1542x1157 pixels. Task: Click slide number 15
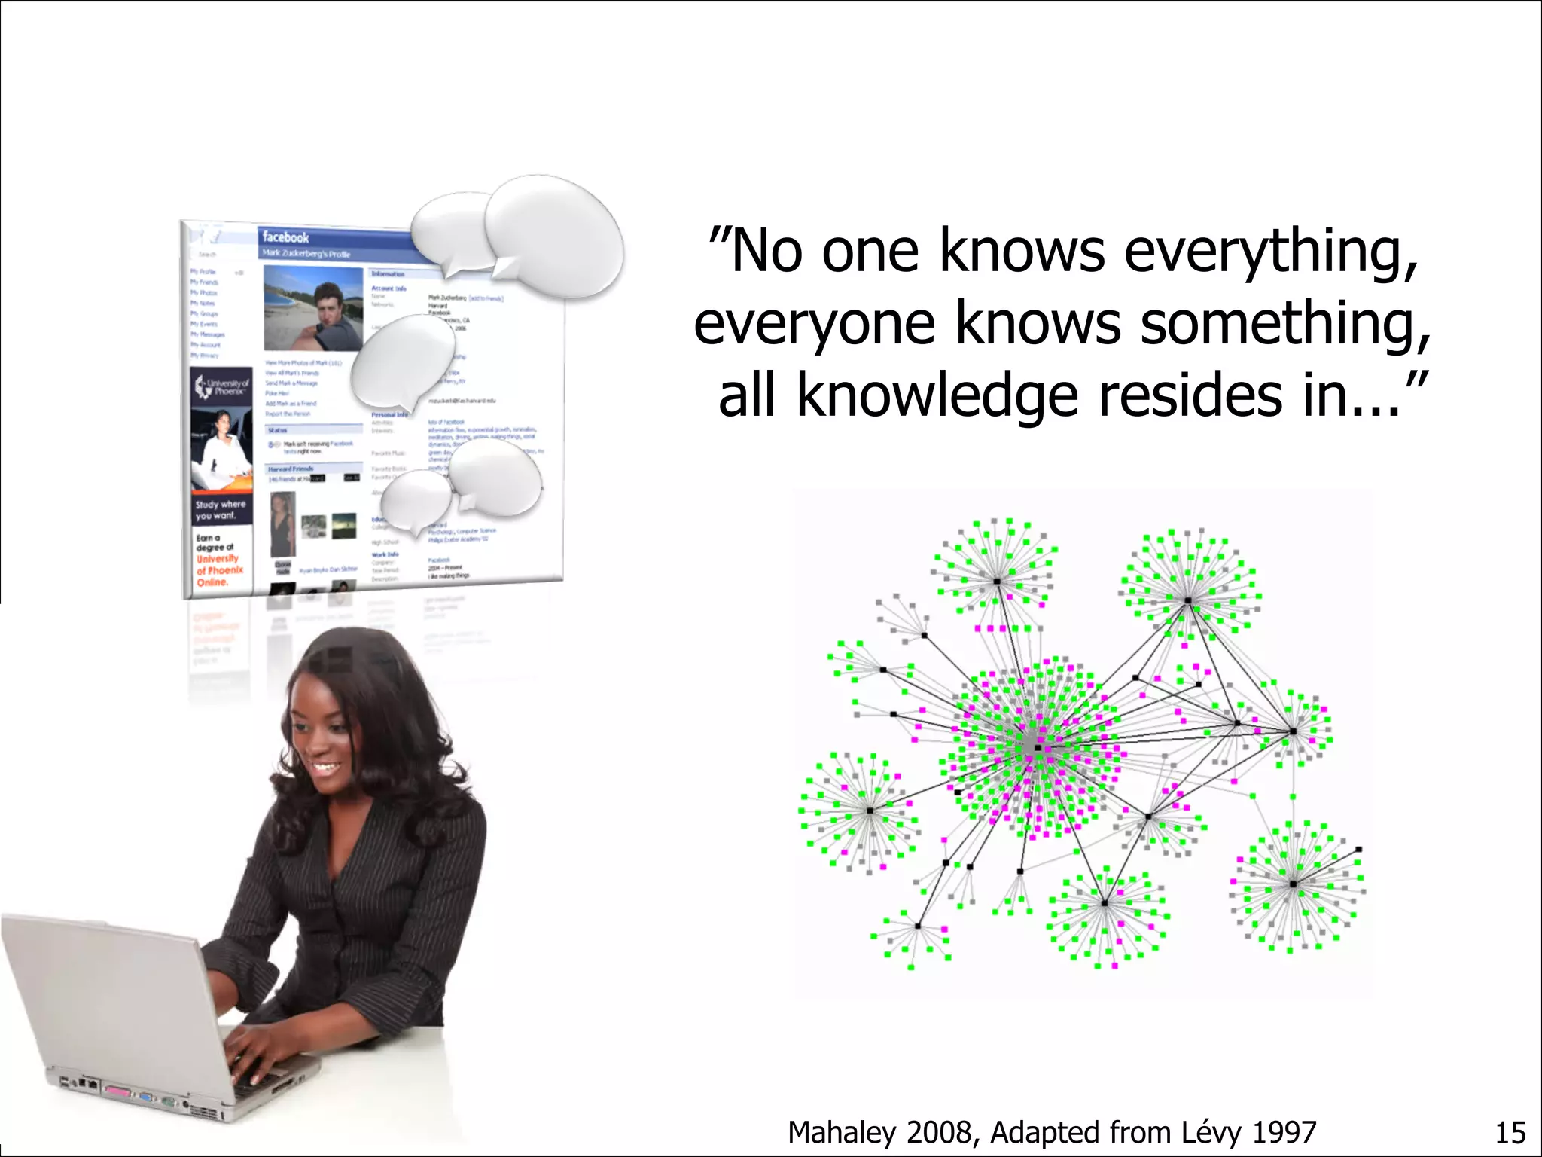pyautogui.click(x=1509, y=1133)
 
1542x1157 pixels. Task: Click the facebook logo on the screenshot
pyautogui.click(x=285, y=237)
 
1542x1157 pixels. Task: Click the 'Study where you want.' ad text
pyautogui.click(x=220, y=510)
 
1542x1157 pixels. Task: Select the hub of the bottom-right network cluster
pyautogui.click(x=1293, y=884)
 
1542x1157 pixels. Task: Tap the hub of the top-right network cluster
pyautogui.click(x=1187, y=600)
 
